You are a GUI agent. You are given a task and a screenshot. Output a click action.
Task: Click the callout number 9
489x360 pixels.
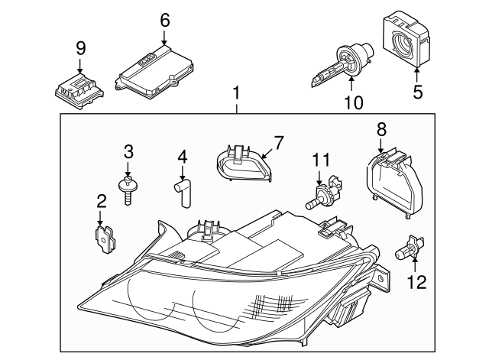80,48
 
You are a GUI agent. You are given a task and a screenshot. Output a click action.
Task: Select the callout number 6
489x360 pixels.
165,21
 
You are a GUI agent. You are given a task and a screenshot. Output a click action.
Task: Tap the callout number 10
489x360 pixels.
354,102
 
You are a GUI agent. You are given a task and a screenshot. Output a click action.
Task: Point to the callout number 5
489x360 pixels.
418,92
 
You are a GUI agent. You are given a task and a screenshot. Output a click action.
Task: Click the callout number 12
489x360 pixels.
416,282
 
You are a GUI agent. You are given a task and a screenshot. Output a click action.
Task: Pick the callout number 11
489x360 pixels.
321,160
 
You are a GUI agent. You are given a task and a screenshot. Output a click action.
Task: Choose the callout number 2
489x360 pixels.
102,201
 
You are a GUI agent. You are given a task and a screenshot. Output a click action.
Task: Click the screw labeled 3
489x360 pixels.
128,190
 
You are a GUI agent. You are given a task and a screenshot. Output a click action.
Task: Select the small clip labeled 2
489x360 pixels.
105,239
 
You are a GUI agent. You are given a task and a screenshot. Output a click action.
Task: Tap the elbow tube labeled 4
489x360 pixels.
183,192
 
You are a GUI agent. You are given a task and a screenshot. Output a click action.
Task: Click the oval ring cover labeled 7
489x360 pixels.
244,163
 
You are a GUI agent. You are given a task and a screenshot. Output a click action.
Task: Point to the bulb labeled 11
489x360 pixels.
324,193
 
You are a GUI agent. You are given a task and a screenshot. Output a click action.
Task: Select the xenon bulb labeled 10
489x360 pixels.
342,63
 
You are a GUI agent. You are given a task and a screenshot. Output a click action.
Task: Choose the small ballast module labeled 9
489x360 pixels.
79,92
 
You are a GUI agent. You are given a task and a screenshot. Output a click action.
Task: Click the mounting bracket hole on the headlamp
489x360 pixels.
381,278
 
